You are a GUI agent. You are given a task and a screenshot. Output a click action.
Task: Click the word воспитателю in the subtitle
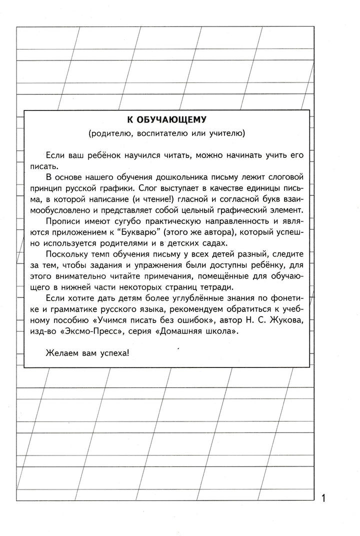tap(152, 133)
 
